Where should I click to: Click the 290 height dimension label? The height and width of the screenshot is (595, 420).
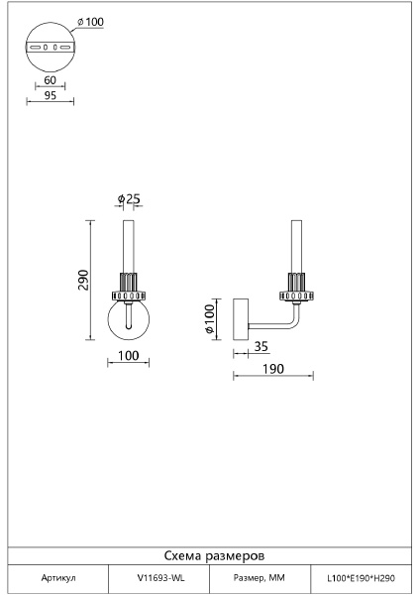click(83, 280)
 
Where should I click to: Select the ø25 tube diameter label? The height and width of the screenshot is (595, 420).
click(129, 198)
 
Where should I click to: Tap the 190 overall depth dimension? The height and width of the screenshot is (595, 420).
click(273, 369)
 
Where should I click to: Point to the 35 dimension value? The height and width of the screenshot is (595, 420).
click(261, 346)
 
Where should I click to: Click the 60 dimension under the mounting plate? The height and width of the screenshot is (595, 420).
click(51, 80)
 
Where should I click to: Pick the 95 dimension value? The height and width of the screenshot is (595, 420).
click(51, 95)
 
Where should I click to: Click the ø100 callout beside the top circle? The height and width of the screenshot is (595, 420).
click(90, 22)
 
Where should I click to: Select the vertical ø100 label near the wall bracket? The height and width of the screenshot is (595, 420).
click(210, 318)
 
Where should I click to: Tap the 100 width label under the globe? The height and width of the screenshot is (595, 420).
click(129, 356)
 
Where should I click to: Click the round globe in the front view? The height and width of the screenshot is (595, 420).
click(129, 320)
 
